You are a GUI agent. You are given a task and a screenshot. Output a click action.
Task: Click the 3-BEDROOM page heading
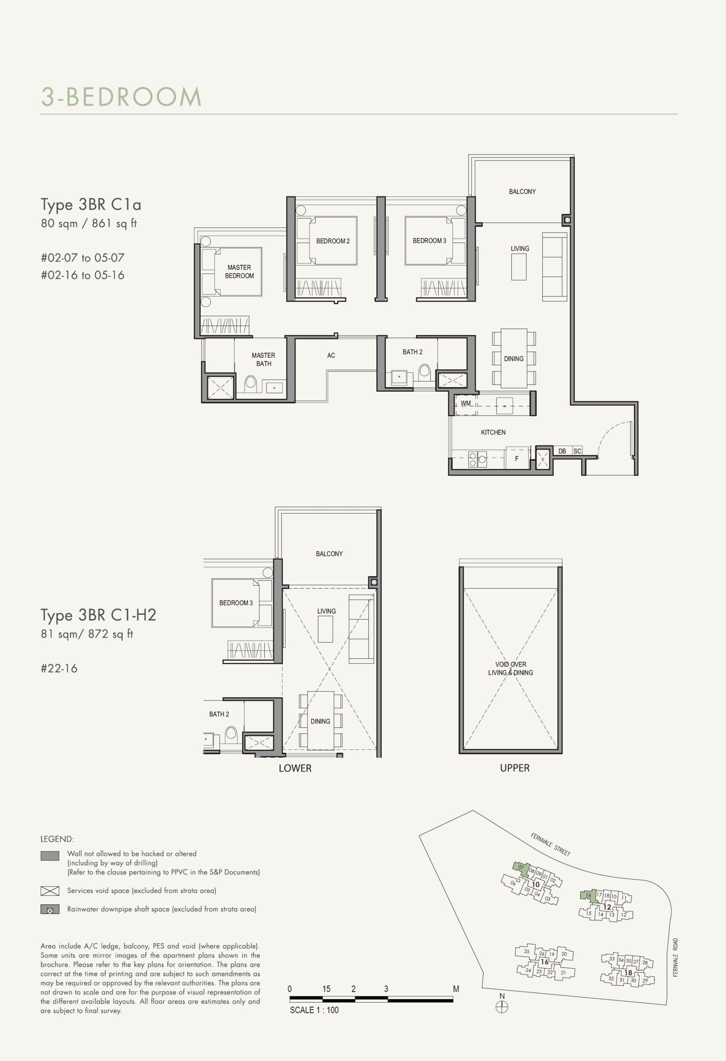click(x=121, y=97)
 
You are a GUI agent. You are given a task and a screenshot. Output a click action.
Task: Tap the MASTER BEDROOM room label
click(x=239, y=271)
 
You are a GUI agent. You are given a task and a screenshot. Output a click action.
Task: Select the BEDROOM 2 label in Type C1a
click(x=333, y=241)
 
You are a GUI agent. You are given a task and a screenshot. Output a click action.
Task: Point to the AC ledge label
click(x=331, y=355)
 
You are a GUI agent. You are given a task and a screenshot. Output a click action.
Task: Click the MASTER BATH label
click(x=264, y=359)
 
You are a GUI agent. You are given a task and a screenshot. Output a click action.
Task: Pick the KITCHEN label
click(x=493, y=432)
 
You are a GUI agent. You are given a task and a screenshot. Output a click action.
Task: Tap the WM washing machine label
click(x=465, y=403)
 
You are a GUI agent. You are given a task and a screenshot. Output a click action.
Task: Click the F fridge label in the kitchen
click(x=517, y=459)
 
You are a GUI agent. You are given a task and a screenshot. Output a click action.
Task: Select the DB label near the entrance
click(x=562, y=451)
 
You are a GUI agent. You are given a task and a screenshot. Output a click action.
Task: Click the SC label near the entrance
click(x=578, y=451)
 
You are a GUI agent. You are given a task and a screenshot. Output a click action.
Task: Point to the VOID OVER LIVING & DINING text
click(x=511, y=669)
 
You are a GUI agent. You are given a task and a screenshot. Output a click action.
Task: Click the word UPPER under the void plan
click(x=515, y=768)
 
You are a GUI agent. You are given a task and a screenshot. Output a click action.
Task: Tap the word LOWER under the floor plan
click(x=295, y=768)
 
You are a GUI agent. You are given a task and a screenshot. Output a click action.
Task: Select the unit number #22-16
click(x=59, y=669)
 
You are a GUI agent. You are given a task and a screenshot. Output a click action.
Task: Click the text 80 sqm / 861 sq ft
click(x=89, y=223)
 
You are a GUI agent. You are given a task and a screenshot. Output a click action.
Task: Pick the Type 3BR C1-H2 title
click(x=98, y=615)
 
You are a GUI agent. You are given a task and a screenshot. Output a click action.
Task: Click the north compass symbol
click(x=502, y=1007)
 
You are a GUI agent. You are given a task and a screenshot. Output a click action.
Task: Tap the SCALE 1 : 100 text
click(x=314, y=1010)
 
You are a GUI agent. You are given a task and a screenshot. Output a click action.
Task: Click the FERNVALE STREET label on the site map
click(x=550, y=845)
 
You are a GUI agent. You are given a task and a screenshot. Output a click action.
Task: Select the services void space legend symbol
click(x=50, y=891)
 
